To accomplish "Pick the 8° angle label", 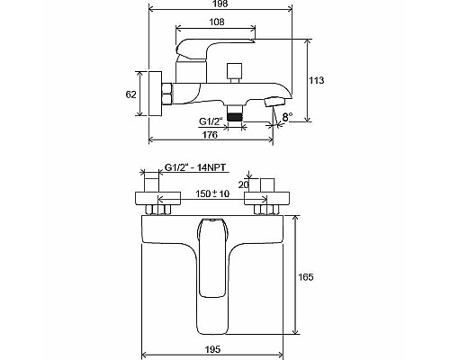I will point(287,117).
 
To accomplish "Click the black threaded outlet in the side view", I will point(235,112).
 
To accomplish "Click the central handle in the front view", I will point(212,256).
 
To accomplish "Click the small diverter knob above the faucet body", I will point(238,70).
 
